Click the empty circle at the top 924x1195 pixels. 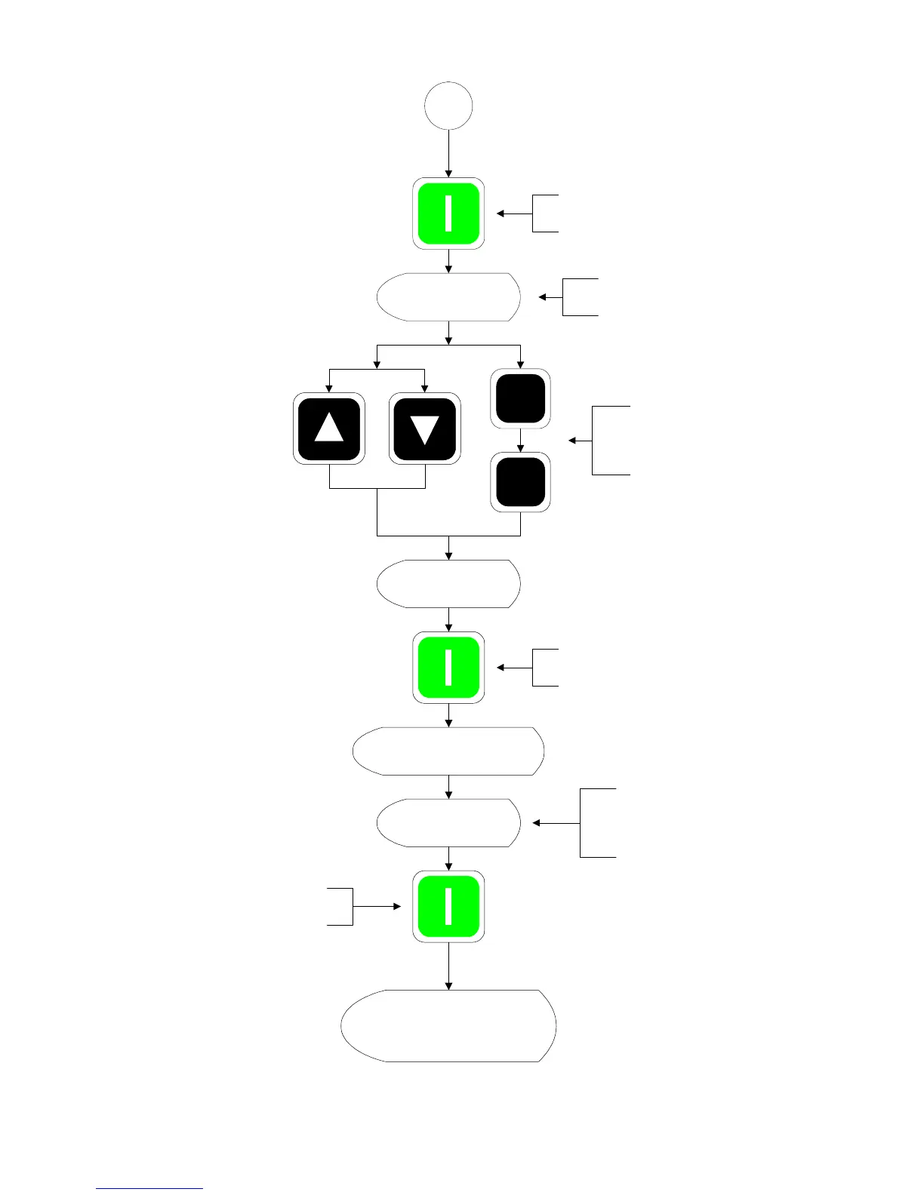pos(448,106)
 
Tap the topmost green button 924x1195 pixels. pos(448,214)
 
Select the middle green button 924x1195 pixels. pos(448,668)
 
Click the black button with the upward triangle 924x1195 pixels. pos(329,428)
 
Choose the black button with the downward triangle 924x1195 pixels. pos(424,428)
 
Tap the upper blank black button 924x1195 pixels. pos(520,398)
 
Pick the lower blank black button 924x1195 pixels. pos(520,482)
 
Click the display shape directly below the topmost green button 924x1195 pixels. pos(448,297)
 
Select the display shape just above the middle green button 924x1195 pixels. pos(448,584)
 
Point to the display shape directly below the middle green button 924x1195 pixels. pos(448,751)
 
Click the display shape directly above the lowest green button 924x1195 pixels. pos(448,822)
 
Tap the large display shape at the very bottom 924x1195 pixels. pos(448,1026)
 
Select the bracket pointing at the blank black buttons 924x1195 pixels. pos(610,441)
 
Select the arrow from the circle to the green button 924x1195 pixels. pos(448,155)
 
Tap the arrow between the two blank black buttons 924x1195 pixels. pos(520,441)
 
